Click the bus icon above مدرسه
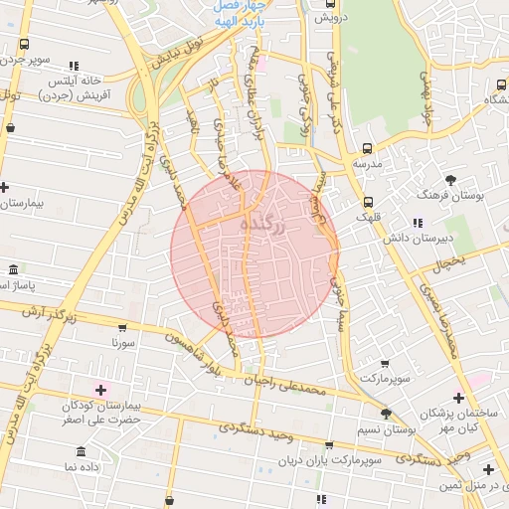[367, 147]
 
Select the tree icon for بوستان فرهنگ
[451, 180]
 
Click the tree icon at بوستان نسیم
[386, 414]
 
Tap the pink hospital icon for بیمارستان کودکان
[99, 387]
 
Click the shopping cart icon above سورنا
[122, 327]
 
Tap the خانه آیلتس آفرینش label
[75, 87]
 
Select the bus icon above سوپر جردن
[24, 45]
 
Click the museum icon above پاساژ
[12, 270]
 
